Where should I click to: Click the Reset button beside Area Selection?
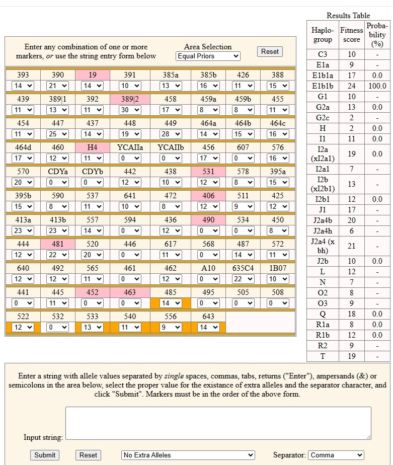[x=270, y=52]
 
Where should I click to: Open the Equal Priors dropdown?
[x=208, y=56]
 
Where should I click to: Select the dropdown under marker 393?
[x=23, y=86]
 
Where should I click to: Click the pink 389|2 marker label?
[x=130, y=99]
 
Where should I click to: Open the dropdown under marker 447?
[x=57, y=134]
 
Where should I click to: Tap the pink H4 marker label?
[x=92, y=147]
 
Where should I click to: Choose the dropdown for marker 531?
[x=208, y=182]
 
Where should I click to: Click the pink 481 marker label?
[x=57, y=244]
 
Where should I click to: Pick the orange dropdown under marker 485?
[x=170, y=303]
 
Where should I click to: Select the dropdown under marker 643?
[x=208, y=328]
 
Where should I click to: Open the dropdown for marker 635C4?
[x=243, y=279]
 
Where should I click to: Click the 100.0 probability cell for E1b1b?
[x=377, y=86]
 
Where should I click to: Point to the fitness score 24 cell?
[x=351, y=86]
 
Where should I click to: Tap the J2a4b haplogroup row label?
[x=323, y=220]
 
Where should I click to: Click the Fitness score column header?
[x=351, y=35]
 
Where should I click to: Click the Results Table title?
[x=348, y=16]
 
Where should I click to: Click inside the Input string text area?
[x=218, y=423]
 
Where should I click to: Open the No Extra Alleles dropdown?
[x=188, y=455]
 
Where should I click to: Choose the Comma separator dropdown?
[x=336, y=455]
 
